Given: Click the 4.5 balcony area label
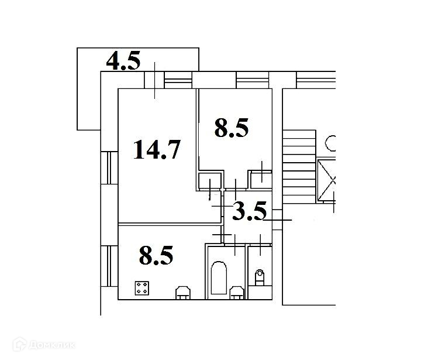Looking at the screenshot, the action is click(x=123, y=61).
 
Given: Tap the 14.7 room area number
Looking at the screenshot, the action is click(x=156, y=149).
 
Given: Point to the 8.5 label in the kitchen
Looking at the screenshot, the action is click(x=156, y=255).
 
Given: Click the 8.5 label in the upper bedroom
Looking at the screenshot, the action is click(x=232, y=128).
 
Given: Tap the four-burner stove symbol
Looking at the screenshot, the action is click(x=141, y=288).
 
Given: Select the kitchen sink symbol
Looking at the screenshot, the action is click(x=182, y=292).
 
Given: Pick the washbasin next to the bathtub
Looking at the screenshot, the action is click(x=237, y=292).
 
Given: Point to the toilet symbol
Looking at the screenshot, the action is click(x=260, y=275).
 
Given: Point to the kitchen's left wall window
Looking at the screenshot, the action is click(x=108, y=266).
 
